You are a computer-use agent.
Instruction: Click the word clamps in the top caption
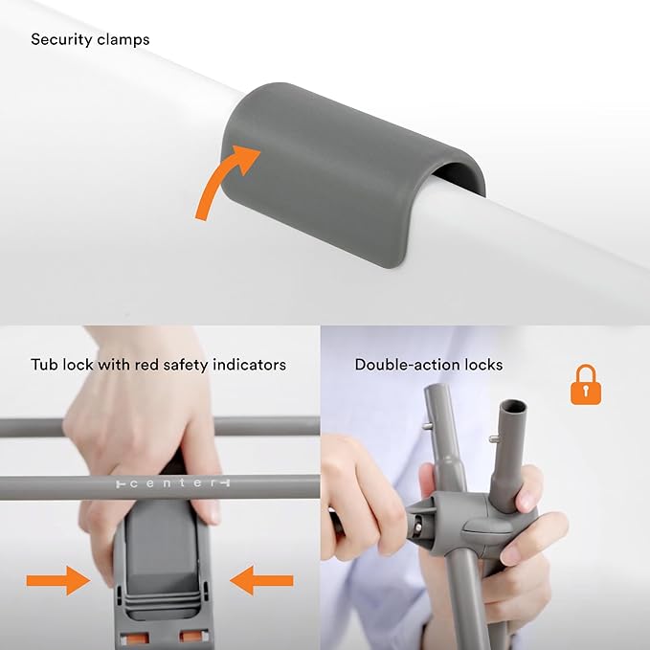(x=123, y=40)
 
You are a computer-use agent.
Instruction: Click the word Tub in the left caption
(x=44, y=365)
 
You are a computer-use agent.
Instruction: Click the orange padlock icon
(x=585, y=385)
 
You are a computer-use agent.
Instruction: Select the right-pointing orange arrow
(x=58, y=579)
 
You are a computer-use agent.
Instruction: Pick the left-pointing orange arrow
(x=261, y=579)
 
